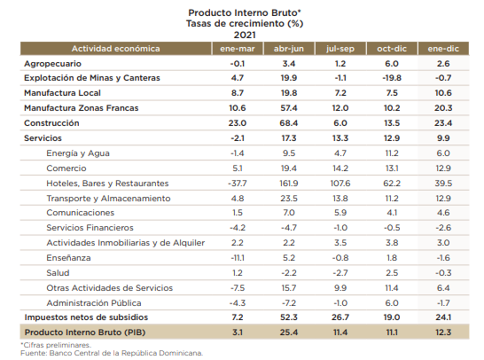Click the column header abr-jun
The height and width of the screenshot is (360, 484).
coord(289,49)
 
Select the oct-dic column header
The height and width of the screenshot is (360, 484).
coord(392,49)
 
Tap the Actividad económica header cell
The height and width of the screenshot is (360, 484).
coord(116,49)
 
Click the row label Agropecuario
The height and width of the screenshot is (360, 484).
coord(53,64)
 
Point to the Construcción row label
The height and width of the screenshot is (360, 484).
coord(51,123)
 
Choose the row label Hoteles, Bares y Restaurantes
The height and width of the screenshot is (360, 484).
coord(107,184)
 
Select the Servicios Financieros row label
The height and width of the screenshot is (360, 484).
coord(90,228)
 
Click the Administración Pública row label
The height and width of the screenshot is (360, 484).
coord(94,303)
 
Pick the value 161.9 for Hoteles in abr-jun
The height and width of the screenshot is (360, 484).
coord(289,184)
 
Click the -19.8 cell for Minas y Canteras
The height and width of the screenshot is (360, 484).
coord(392,78)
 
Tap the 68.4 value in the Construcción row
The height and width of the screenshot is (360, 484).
coord(289,123)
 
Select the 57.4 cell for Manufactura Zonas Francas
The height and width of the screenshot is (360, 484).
coord(289,108)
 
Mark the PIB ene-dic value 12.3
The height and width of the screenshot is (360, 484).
coord(443,333)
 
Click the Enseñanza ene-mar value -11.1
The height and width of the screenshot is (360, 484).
coord(238,258)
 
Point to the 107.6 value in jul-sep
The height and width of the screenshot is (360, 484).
coord(340,184)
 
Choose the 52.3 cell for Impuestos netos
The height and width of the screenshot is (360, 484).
coord(289,317)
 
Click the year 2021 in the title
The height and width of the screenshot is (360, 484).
coord(245,35)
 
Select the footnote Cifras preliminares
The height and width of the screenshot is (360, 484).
coord(56,345)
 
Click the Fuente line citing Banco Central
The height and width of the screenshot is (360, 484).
coord(112,353)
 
